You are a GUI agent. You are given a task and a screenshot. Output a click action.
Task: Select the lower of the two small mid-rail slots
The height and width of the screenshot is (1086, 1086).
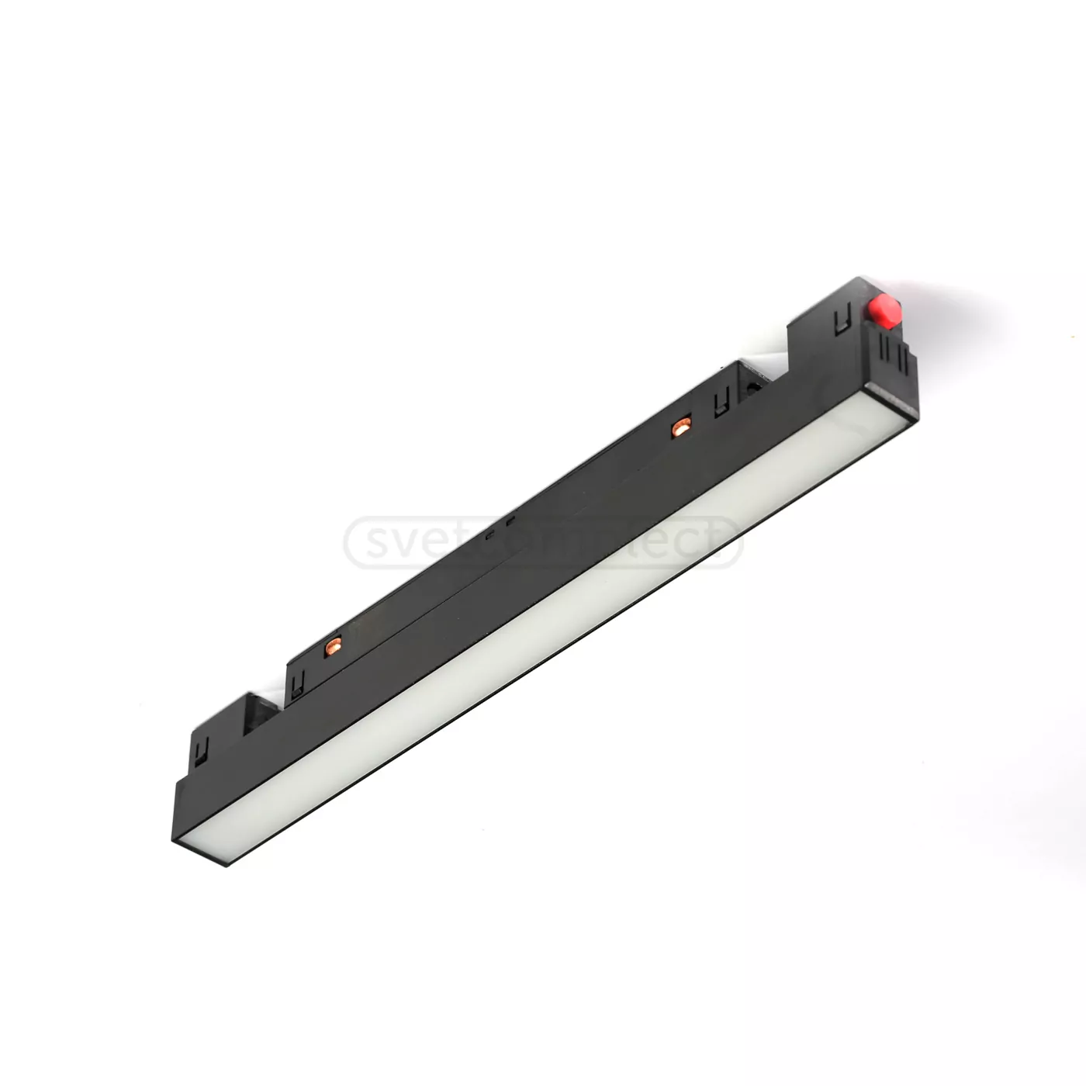pos(489,534)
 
